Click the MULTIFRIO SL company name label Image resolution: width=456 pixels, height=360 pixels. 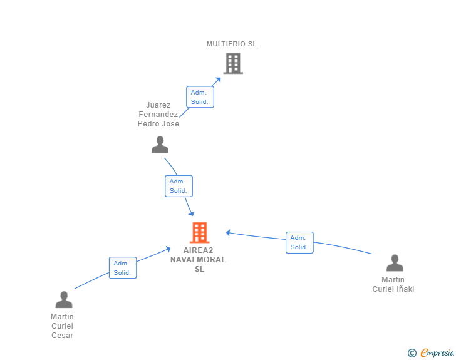(232, 44)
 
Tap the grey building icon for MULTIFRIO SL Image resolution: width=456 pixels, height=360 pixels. (233, 63)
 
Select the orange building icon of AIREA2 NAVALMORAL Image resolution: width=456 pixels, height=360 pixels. (199, 232)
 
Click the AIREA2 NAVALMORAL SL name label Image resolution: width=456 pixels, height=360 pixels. (198, 260)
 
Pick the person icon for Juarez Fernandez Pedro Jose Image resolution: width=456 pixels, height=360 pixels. (160, 145)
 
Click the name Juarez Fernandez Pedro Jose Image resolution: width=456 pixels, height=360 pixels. (158, 115)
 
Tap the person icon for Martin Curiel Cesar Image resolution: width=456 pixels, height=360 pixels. (64, 299)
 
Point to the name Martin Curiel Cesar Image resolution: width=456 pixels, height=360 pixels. (62, 326)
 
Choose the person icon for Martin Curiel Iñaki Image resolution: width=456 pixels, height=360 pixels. (395, 263)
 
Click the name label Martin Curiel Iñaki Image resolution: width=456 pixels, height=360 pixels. (393, 284)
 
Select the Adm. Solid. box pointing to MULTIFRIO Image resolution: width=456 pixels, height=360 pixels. (200, 97)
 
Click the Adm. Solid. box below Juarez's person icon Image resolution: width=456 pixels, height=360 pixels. (179, 186)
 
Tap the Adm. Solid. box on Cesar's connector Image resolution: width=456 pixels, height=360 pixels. (123, 268)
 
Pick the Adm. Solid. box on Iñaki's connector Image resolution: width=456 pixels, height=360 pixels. (299, 242)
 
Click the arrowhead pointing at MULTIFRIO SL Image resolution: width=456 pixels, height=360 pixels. (218, 80)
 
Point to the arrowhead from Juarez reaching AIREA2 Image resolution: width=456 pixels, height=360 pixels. (192, 213)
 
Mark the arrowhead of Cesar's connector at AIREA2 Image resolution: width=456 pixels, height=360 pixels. (168, 249)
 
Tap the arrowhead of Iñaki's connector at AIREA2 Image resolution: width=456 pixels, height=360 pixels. (229, 233)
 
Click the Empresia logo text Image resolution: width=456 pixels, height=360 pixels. (437, 352)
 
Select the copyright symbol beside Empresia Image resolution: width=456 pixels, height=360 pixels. (412, 353)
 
